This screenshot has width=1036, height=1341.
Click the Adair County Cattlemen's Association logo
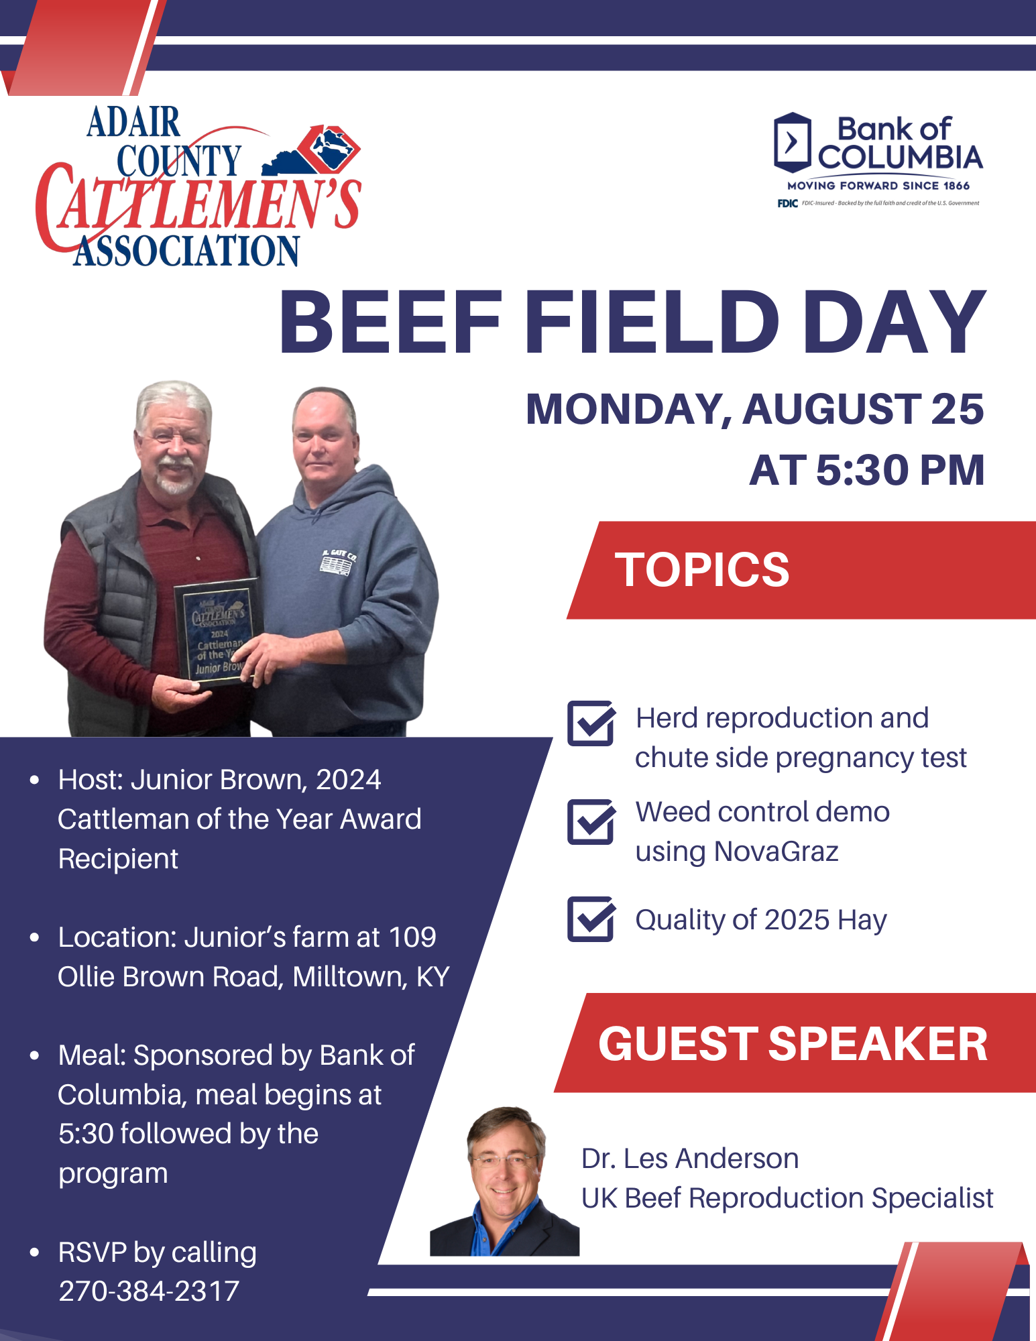tap(198, 186)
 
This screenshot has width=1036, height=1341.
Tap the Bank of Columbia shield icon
tap(792, 142)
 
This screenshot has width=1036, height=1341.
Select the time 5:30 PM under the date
tap(900, 470)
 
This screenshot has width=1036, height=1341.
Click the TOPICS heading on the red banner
tap(702, 570)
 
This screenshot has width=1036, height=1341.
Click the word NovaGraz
tap(776, 852)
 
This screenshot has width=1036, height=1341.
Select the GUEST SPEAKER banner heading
tap(793, 1044)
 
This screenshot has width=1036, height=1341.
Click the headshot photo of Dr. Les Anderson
tap(504, 1181)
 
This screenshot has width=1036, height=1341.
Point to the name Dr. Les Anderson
tap(690, 1159)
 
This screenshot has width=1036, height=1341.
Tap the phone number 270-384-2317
tap(149, 1291)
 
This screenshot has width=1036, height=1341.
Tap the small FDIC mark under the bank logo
tap(787, 203)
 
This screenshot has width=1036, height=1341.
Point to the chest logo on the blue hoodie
tap(338, 562)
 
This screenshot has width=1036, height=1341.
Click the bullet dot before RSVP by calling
tap(35, 1252)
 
